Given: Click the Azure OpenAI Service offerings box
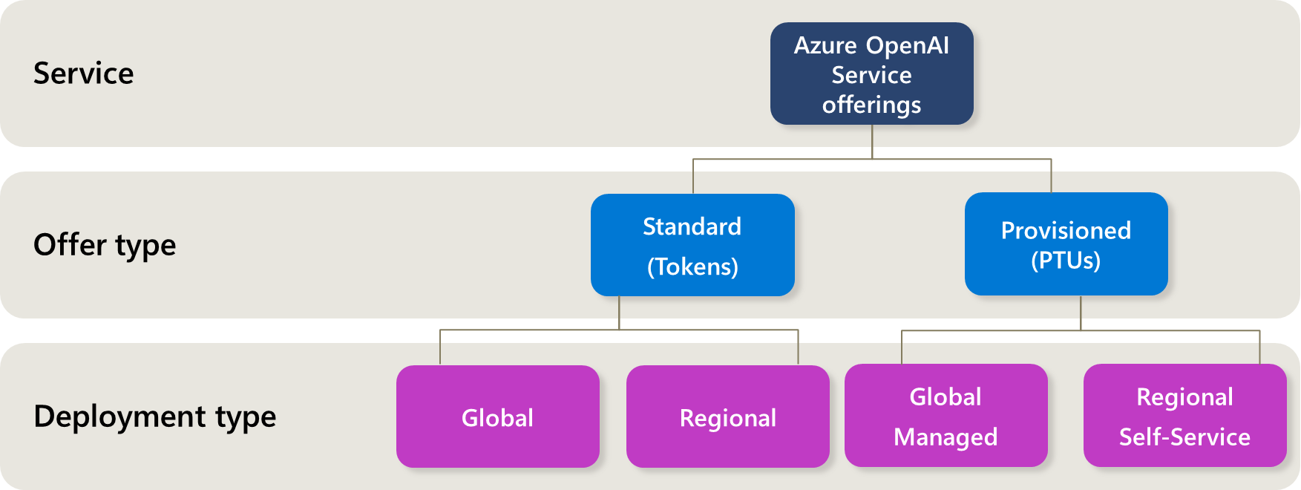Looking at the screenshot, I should click(871, 74).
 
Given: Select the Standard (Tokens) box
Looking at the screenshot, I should click(692, 245).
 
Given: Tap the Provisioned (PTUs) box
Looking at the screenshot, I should click(1066, 245).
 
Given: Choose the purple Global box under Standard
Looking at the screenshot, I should click(497, 417).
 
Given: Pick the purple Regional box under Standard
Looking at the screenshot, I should click(727, 417).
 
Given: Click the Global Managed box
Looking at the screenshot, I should click(946, 416).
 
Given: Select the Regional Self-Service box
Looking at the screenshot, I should click(1184, 416).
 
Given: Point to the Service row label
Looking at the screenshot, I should click(83, 73).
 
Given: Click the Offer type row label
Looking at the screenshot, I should click(105, 245).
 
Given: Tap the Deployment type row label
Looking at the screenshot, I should click(154, 416).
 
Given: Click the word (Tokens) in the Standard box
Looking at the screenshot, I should click(692, 267).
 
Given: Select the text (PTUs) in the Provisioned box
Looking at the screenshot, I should click(1066, 261).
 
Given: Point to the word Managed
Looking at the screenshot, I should click(946, 437).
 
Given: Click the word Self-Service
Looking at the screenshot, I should click(1184, 437).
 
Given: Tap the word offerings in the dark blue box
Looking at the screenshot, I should click(871, 105).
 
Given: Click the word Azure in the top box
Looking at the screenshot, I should click(825, 45).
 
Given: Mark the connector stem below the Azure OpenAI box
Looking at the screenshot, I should click(872, 142).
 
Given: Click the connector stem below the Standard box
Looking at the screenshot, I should click(619, 313).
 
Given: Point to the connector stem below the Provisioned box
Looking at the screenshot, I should click(1081, 313).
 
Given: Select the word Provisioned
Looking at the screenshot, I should click(1066, 230).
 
